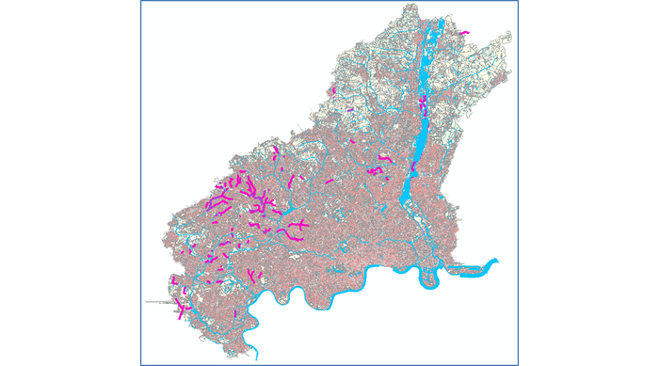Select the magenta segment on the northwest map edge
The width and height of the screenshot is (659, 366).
click(333, 90)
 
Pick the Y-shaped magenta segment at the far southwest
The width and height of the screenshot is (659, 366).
click(181, 310)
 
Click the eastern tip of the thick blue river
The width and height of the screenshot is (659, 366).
click(497, 262)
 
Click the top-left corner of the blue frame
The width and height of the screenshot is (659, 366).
click(141, 2)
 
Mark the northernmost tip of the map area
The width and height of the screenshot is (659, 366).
click(410, 8)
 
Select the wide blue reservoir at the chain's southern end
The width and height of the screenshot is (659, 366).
click(408, 193)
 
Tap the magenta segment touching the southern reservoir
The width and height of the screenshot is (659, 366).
click(412, 167)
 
